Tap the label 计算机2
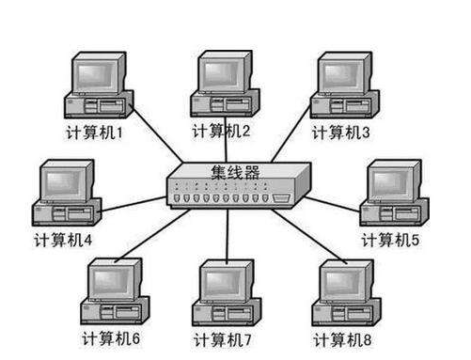tap(221, 130)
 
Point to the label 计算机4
tap(63, 239)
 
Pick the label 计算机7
tap(223, 337)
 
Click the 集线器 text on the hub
tap(234, 173)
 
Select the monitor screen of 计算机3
tap(342, 74)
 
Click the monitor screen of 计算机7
tap(225, 279)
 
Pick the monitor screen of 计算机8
tap(344, 280)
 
